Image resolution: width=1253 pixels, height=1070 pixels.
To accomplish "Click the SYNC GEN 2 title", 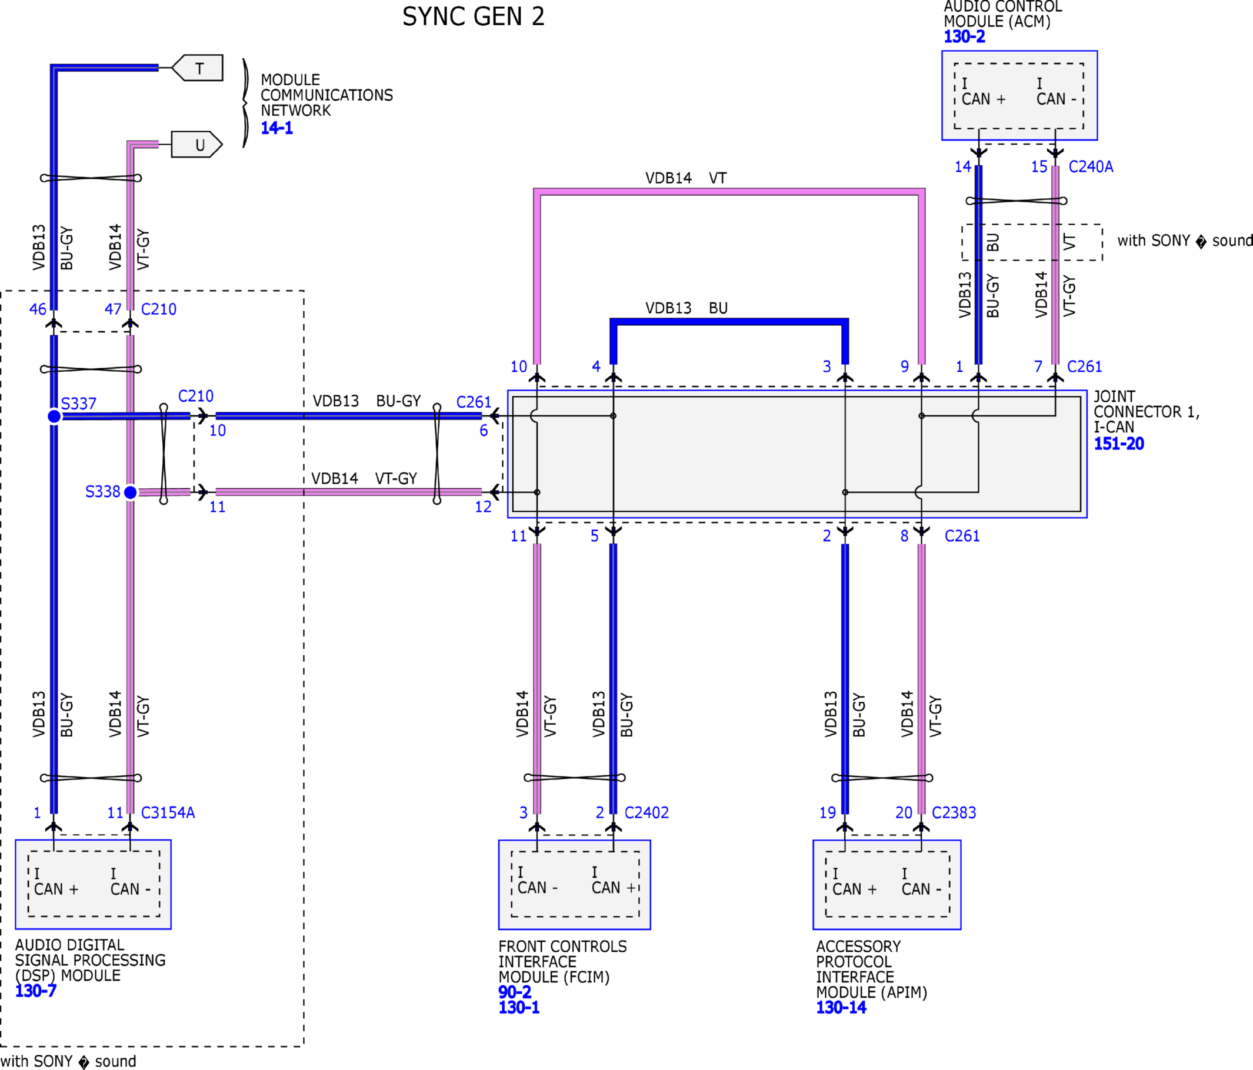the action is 474,16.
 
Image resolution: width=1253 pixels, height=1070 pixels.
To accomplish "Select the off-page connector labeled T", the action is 197,68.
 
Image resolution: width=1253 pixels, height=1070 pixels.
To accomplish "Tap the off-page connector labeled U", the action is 197,145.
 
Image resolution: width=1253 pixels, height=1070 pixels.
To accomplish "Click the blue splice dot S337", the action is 54,416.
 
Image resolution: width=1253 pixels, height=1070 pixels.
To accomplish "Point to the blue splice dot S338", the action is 130,492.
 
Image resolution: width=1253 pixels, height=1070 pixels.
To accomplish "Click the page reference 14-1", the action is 277,128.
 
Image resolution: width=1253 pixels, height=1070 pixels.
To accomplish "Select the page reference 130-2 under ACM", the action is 965,36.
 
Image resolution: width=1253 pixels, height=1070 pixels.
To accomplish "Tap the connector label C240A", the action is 1091,166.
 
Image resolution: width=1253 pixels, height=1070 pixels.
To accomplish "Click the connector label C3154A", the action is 168,812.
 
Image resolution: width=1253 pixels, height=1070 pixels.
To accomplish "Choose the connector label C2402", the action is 647,812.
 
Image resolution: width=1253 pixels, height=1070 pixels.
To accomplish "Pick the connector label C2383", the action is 954,812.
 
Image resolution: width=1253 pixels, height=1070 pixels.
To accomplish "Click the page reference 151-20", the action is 1119,444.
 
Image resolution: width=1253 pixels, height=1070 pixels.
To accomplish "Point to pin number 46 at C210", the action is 38,309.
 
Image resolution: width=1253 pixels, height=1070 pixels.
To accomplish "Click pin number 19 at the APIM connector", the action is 827,812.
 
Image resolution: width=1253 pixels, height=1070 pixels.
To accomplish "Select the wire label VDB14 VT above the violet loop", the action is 686,178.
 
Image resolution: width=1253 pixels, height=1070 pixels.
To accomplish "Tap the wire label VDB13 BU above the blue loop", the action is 687,308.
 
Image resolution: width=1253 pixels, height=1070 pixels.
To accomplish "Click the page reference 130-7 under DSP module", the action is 36,991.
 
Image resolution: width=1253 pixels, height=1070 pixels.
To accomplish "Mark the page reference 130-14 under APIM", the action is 841,1007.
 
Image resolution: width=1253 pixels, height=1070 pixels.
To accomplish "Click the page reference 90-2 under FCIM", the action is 515,992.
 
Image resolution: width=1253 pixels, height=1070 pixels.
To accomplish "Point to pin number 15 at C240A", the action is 1039,166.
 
